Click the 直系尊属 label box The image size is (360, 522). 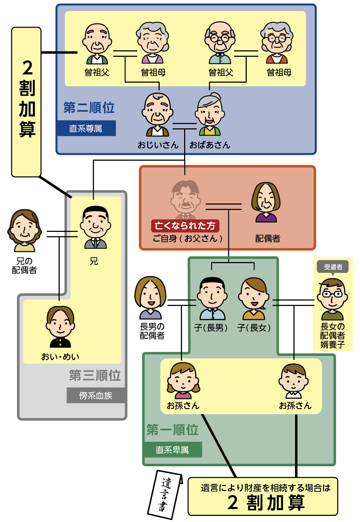pyautogui.click(x=86, y=128)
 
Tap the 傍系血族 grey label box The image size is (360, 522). pyautogui.click(x=96, y=395)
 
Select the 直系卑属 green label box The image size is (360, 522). pyautogui.click(x=172, y=450)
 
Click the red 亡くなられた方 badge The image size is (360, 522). pyautogui.click(x=185, y=226)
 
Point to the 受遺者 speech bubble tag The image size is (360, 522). pyautogui.click(x=333, y=267)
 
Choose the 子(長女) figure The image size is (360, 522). pyautogui.click(x=254, y=298)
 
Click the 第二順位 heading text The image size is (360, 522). pyautogui.click(x=89, y=107)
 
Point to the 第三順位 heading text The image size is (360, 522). pyautogui.click(x=95, y=375)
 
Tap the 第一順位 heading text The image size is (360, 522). pyautogui.click(x=172, y=430)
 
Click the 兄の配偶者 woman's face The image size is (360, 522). pyautogui.click(x=24, y=229)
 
